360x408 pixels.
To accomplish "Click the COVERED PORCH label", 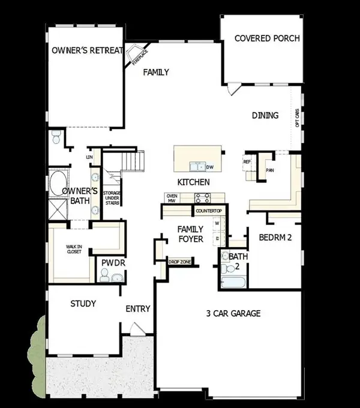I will tap(267, 39).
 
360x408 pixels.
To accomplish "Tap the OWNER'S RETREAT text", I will tap(87, 50).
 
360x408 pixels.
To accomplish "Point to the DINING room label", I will tap(265, 115).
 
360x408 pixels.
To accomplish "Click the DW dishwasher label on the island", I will tap(210, 167).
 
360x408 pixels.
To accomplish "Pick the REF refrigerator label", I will tap(247, 161).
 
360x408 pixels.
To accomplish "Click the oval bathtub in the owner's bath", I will tap(59, 182).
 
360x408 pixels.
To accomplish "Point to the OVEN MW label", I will tap(171, 198).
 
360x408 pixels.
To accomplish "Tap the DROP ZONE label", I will tap(179, 262).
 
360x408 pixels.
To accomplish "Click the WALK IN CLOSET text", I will tap(74, 248).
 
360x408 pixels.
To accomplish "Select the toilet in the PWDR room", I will tap(104, 275).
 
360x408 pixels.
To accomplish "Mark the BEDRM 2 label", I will tap(275, 238).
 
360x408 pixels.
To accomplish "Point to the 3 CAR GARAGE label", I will tap(233, 313).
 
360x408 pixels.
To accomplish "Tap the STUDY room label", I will tap(83, 304).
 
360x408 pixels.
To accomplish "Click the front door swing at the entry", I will tap(137, 329).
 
